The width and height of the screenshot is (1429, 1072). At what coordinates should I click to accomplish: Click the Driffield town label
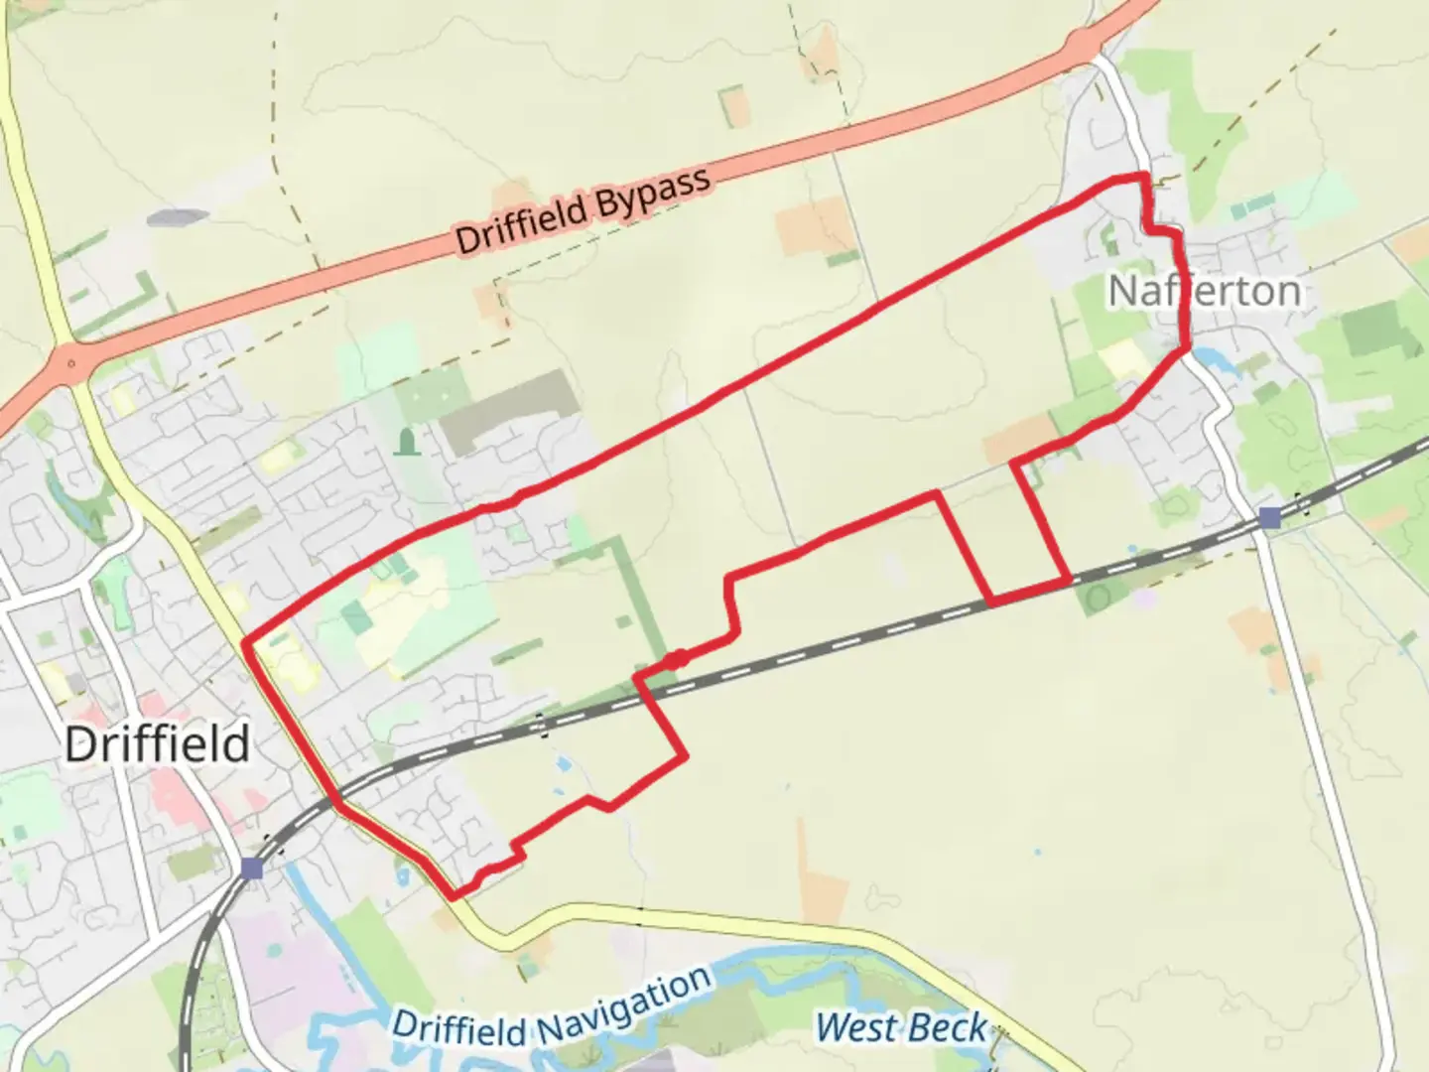[x=157, y=744]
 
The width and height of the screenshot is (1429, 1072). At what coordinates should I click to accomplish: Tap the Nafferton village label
[x=1203, y=291]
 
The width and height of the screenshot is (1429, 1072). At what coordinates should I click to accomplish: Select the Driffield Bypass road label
[x=584, y=211]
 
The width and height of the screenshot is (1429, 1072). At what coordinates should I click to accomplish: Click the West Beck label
[x=901, y=1028]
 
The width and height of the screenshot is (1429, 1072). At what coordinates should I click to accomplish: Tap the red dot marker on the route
[x=676, y=660]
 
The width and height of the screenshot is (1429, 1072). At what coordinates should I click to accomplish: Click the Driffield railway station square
[x=252, y=870]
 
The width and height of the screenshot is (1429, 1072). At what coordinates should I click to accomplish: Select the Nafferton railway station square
[x=1269, y=517]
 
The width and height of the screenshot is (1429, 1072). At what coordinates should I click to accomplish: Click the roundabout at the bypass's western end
[x=70, y=362]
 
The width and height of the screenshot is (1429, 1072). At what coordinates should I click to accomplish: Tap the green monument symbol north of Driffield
[x=405, y=442]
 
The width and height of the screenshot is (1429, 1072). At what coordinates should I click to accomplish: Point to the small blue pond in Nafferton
[x=1209, y=358]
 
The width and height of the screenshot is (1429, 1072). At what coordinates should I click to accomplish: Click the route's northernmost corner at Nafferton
[x=1145, y=177]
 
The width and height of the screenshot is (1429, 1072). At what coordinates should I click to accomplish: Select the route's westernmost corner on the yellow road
[x=245, y=643]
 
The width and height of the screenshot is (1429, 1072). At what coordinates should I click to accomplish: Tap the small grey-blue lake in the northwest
[x=179, y=216]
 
